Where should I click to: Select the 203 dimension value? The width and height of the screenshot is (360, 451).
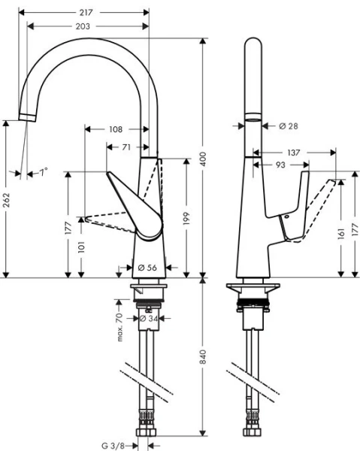83,26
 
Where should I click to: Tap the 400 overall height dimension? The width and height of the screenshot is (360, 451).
202,159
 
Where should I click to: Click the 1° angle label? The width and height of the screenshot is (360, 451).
43,172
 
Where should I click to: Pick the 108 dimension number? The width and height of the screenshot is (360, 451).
115,129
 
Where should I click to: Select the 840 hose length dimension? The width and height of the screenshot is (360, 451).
202,359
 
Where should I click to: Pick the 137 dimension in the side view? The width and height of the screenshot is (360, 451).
294,152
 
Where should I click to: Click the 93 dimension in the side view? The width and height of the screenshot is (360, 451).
279,164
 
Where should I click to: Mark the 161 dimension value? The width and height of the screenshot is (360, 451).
341,234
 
